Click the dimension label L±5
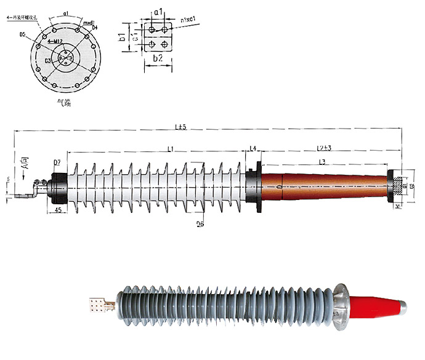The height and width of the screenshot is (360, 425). click(x=180, y=127)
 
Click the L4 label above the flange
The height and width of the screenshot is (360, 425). click(x=253, y=148)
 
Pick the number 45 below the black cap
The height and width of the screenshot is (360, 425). click(x=57, y=210)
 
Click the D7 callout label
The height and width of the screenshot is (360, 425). click(x=57, y=162)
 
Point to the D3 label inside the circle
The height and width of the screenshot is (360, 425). click(x=48, y=60)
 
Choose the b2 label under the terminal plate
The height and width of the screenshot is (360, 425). click(x=157, y=58)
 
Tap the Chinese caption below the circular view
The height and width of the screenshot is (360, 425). click(x=64, y=103)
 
